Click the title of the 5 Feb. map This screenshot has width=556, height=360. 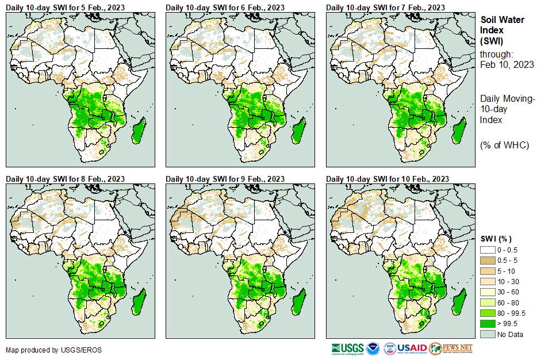click(x=65, y=7)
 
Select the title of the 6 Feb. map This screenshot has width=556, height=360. click(x=225, y=7)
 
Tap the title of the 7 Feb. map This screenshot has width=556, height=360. click(x=385, y=7)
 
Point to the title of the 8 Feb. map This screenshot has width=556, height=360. click(x=65, y=179)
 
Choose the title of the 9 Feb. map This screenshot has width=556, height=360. click(x=225, y=179)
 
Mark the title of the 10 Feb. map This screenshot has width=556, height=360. click(x=388, y=179)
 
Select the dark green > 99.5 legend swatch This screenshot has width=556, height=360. click(x=488, y=324)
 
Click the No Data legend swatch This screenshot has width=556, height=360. click(x=488, y=334)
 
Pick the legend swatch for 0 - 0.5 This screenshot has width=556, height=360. click(x=488, y=250)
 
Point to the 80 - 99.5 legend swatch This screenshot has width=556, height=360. click(x=488, y=313)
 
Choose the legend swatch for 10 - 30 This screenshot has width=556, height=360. click(x=488, y=282)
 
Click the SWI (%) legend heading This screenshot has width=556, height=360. click(x=496, y=239)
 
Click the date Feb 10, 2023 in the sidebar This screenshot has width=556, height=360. click(x=507, y=64)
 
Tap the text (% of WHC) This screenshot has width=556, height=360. click(x=504, y=145)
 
